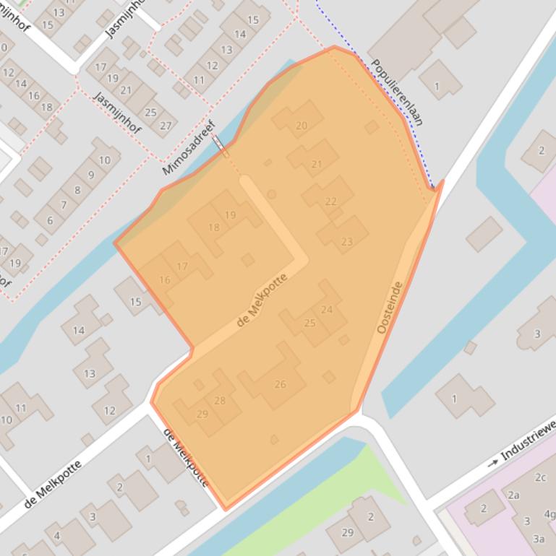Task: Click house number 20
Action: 301,126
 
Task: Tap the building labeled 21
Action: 316,165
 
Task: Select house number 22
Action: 330,201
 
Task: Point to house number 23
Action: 346,242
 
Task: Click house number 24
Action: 327,310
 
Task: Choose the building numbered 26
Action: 280,384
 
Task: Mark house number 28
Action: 220,401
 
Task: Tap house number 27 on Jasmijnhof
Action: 166,126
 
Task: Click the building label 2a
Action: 513,495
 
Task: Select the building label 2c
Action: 540,477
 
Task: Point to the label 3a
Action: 538,539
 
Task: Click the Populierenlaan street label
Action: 396,92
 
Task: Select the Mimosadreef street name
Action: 189,148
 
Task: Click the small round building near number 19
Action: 272,194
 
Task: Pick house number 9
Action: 91,175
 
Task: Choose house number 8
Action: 77,191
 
